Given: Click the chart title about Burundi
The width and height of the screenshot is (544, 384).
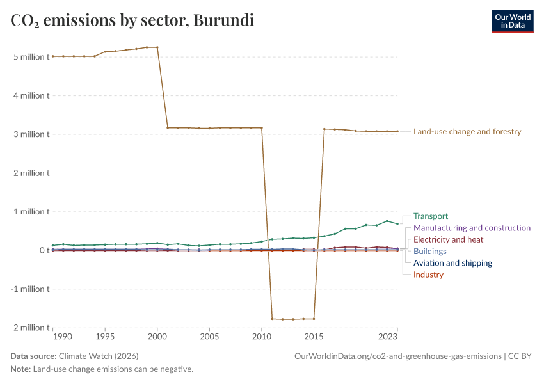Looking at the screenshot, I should pos(132,20).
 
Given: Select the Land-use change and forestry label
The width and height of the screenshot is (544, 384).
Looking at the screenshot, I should pos(467,132).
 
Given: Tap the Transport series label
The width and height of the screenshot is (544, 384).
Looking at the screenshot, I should pos(431,216).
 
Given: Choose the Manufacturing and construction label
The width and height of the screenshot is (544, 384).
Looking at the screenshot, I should pos(472,228).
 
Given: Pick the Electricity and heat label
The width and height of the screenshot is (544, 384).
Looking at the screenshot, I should pos(448,239).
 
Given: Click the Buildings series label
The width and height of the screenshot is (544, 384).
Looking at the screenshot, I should pos(430,252).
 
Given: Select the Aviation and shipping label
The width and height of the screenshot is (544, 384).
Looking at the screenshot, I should pos(452,263).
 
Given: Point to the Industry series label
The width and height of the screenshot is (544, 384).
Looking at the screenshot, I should pos(428,275).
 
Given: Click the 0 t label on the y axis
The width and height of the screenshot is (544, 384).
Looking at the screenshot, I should pos(43,250).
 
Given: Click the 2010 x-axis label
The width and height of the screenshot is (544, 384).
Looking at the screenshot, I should pos(261,337).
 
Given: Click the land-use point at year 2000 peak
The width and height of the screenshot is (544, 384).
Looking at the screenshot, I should pos(157,47).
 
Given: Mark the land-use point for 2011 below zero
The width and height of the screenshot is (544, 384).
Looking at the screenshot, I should pos(272,319).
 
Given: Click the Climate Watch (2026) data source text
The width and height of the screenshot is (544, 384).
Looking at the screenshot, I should pos(99,356).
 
